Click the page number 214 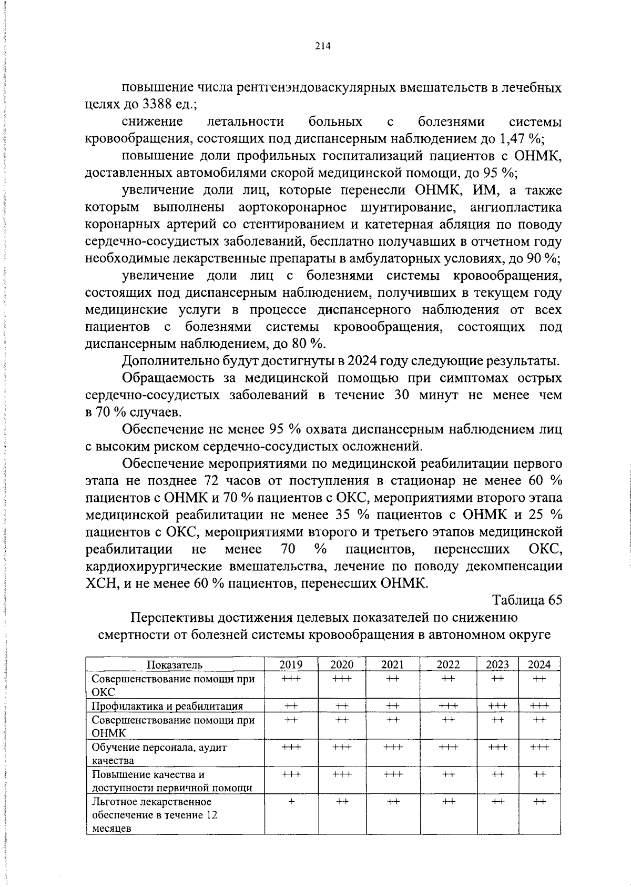tap(322, 46)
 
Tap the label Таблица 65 tap(527, 600)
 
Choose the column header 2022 tap(448, 664)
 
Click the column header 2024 tap(539, 664)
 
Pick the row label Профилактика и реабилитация tap(167, 706)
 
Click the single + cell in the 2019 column tap(291, 801)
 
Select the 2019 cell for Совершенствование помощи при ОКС tap(291, 679)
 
